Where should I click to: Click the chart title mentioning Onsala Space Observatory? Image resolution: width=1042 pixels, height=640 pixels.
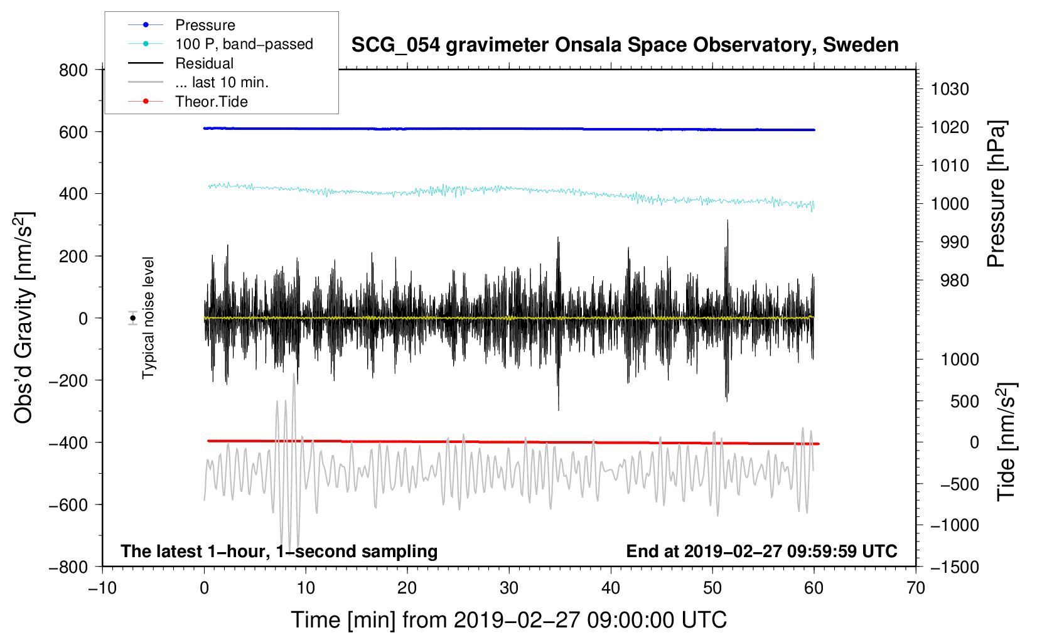click(625, 45)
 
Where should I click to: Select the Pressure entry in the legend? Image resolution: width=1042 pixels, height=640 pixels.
click(205, 25)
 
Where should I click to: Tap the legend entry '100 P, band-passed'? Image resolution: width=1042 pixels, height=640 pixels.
click(244, 44)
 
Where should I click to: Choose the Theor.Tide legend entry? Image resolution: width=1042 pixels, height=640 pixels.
click(211, 102)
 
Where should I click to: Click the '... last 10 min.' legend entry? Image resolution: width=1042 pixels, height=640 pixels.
click(222, 82)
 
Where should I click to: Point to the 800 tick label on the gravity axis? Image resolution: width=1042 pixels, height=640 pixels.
click(73, 70)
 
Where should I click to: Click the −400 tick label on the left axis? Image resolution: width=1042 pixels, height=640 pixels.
click(68, 442)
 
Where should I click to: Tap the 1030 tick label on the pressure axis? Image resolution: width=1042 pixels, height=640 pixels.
click(950, 89)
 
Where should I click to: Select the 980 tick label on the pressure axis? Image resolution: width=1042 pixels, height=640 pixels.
click(955, 280)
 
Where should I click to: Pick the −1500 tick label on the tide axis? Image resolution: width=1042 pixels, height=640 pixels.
click(955, 567)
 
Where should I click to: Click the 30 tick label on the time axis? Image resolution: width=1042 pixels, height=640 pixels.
click(508, 588)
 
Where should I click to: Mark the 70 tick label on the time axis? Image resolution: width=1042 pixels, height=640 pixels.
click(915, 588)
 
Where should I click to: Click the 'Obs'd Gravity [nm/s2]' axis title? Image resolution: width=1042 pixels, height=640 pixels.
click(24, 317)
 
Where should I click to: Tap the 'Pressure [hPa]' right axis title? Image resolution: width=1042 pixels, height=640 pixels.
click(997, 195)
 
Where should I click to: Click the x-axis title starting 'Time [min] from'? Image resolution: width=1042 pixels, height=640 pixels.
click(508, 620)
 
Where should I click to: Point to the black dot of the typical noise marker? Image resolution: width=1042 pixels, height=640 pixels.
click(132, 318)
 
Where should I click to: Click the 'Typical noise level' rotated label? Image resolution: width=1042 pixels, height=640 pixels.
click(148, 317)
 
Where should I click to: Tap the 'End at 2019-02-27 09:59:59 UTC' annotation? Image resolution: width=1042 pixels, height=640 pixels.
click(761, 551)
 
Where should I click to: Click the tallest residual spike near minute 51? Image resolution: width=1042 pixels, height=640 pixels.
click(728, 221)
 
